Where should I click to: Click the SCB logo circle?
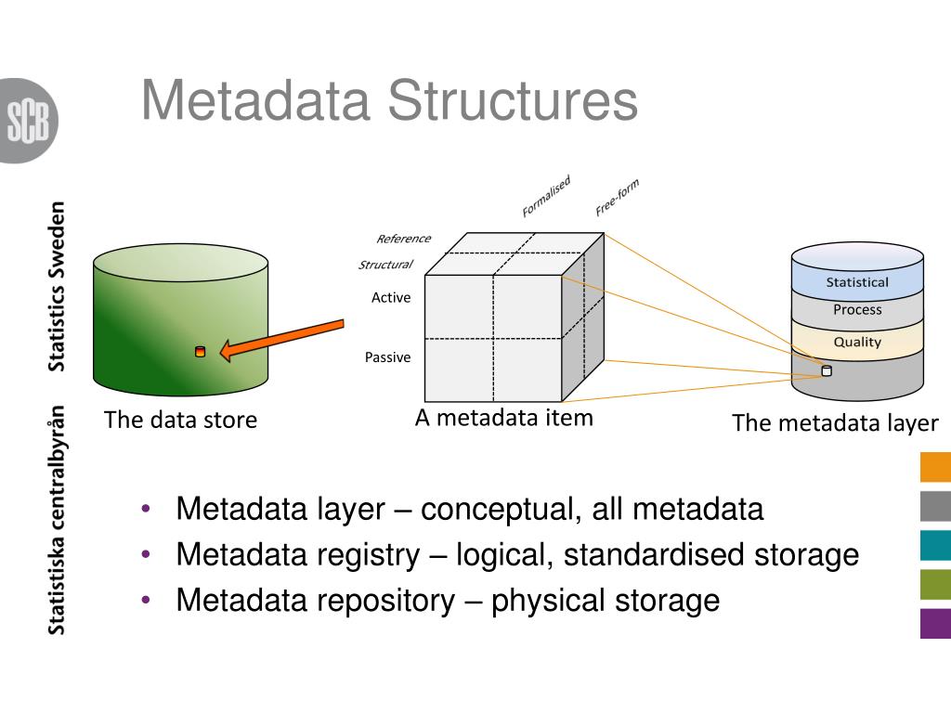coord(28,121)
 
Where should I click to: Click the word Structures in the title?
coord(513,100)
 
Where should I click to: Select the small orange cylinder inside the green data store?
coord(200,351)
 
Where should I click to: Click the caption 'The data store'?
coord(180,420)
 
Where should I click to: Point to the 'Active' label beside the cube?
coord(391,298)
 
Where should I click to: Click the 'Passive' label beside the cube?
coord(387,357)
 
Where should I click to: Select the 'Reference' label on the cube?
coord(403,239)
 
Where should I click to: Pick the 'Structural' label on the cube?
coord(385,265)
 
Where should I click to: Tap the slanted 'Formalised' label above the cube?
coord(546,196)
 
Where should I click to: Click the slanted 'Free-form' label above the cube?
coord(617,197)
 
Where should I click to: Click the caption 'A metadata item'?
coord(503,418)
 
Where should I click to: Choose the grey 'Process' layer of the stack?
coord(857,310)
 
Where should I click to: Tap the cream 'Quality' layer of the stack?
coord(857,342)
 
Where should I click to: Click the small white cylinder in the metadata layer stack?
coord(827,371)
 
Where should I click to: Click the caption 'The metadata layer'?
coord(835,423)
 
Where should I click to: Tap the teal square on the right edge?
coord(935,545)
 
